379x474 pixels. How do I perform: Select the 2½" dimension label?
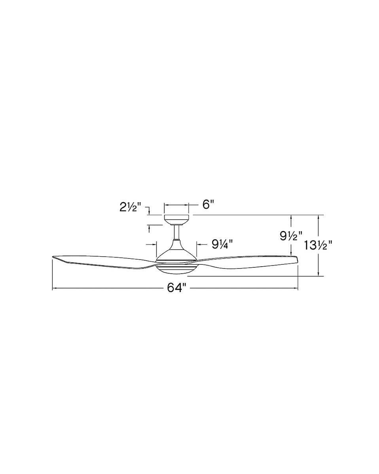click(131, 207)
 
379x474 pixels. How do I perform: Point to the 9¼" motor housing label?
click(222, 244)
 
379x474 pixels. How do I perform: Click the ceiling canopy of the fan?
click(176, 219)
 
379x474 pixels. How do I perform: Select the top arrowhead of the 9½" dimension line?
click(292, 217)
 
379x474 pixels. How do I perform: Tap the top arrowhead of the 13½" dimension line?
click(318, 217)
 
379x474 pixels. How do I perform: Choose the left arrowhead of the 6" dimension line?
click(166, 205)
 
